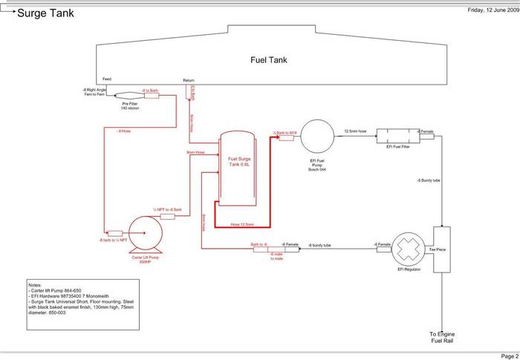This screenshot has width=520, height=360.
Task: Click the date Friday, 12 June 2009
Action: [492, 10]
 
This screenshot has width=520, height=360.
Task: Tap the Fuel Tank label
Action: [267, 60]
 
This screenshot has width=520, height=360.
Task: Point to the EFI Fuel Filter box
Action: [394, 137]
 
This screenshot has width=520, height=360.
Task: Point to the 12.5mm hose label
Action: [355, 131]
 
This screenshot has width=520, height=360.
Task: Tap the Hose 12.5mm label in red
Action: [242, 223]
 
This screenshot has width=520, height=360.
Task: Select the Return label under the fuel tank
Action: [189, 79]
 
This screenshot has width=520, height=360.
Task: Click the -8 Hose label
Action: [123, 131]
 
